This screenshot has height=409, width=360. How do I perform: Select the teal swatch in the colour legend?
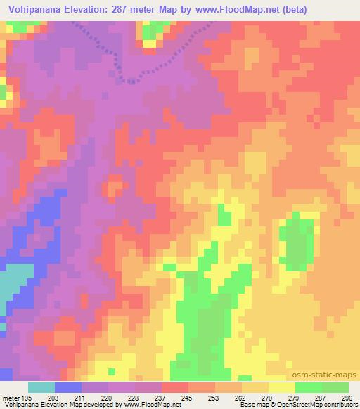click(x=41, y=387)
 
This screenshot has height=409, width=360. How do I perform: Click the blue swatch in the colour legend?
click(x=68, y=387)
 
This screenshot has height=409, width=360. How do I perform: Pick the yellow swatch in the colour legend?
click(x=282, y=387)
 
